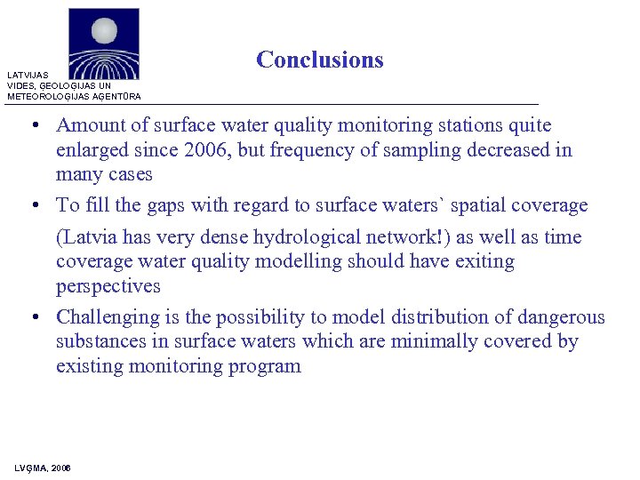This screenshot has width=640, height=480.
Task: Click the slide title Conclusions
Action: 319,60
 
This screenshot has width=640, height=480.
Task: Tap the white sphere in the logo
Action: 104,32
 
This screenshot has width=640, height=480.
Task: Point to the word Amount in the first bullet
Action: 91,126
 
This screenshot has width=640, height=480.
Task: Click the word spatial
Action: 477,205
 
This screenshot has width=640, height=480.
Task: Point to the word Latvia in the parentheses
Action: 90,237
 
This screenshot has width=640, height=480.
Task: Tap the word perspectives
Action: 108,286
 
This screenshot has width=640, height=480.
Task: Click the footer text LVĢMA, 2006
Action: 43,468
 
